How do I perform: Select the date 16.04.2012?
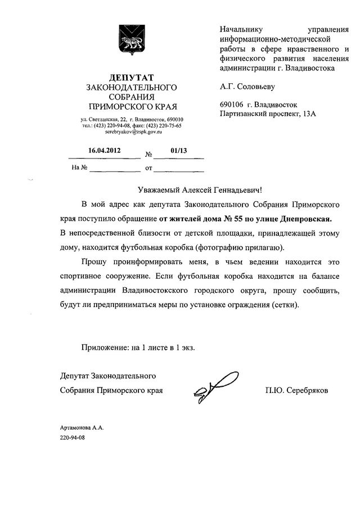[x=104, y=151]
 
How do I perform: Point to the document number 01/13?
[x=178, y=151]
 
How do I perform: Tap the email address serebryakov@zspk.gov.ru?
[x=131, y=133]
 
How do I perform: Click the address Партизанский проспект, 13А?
[x=268, y=114]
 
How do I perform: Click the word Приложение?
[x=105, y=348]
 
